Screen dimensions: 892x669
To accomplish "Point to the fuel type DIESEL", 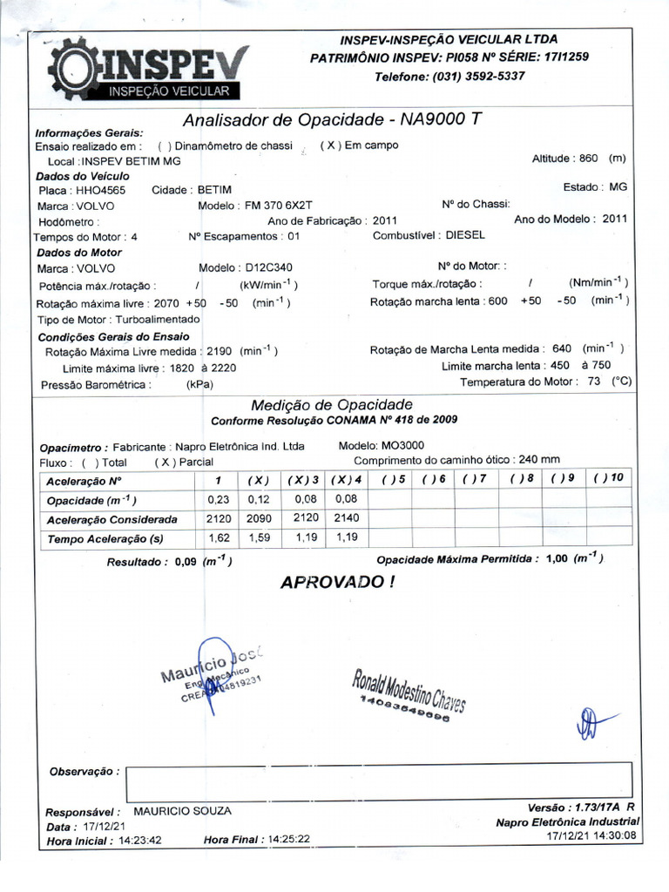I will [x=465, y=235].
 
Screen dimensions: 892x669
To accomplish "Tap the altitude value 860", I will [x=588, y=159].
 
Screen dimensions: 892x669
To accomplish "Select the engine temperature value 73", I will [x=595, y=382].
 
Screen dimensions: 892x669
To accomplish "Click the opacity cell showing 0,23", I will [x=218, y=500].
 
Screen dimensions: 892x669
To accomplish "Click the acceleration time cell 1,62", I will [x=218, y=538].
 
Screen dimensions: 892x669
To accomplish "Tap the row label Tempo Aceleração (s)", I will [x=105, y=539].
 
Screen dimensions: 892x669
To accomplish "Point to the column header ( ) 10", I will [x=609, y=479].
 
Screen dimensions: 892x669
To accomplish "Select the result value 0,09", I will [x=186, y=562].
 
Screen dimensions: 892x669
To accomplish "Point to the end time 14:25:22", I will [x=289, y=839].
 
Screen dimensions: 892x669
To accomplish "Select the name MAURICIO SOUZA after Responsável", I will [x=182, y=811].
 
